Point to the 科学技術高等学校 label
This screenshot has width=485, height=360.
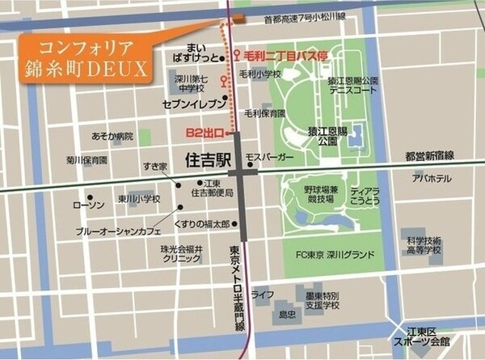pyautogui.click(x=424, y=246)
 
